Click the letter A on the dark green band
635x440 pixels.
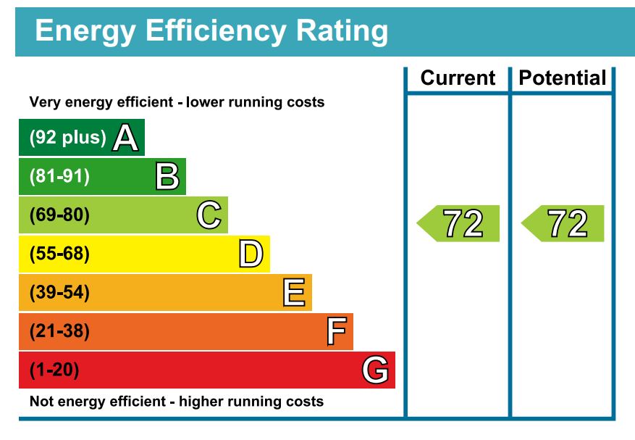click(x=125, y=138)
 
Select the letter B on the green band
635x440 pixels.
click(x=167, y=176)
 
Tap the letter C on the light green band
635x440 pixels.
click(x=209, y=215)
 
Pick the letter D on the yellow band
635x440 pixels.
click(x=251, y=254)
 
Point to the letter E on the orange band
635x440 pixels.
click(x=293, y=294)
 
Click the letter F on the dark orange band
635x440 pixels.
click(x=336, y=332)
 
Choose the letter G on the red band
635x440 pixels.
click(x=375, y=371)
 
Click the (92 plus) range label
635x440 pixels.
click(x=67, y=138)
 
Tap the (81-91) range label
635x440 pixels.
click(x=59, y=176)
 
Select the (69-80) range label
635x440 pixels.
click(x=59, y=215)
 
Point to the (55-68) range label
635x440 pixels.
click(x=59, y=254)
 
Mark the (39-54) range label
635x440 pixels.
click(x=59, y=294)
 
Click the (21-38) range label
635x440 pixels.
click(x=59, y=332)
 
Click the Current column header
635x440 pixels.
click(x=458, y=78)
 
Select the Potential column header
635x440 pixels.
click(x=563, y=78)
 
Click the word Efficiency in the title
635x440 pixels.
click(x=215, y=31)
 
